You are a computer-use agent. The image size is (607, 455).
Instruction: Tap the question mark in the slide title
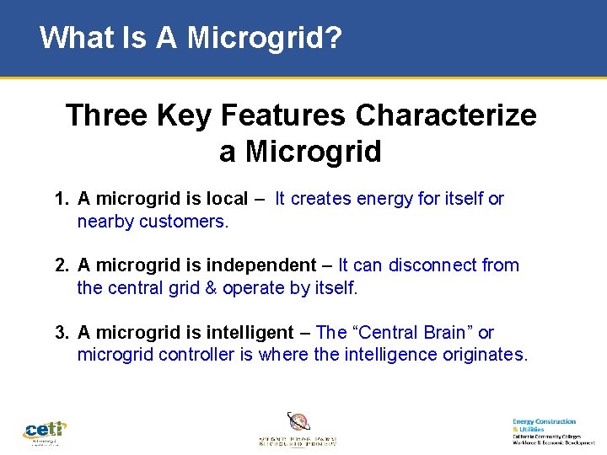click(x=335, y=37)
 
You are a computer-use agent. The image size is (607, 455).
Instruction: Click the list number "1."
click(x=61, y=199)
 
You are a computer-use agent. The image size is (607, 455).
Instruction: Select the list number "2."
click(x=61, y=265)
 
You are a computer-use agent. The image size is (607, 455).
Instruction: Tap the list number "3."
click(x=61, y=333)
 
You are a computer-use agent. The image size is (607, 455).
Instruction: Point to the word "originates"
click(x=484, y=355)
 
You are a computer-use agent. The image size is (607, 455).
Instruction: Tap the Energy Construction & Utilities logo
click(x=548, y=431)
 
